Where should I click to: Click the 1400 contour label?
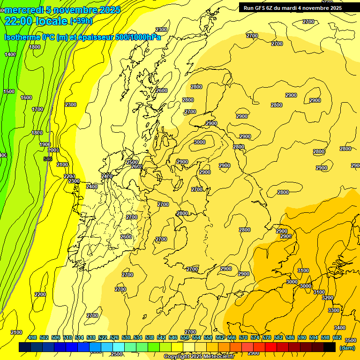(10, 54)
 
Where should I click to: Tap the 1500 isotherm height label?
(9, 91)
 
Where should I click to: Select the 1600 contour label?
(26, 97)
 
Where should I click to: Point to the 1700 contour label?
(37, 109)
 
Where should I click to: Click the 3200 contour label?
(328, 298)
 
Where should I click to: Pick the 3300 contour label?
(334, 310)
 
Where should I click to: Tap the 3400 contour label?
(339, 327)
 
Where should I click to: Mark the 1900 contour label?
(45, 144)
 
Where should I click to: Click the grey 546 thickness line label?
(47, 159)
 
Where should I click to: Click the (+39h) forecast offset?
(81, 21)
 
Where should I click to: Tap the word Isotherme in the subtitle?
(22, 37)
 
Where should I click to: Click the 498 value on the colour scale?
(32, 337)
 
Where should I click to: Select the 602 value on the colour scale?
(337, 337)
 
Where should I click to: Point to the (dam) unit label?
(347, 347)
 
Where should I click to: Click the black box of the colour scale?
(330, 347)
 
